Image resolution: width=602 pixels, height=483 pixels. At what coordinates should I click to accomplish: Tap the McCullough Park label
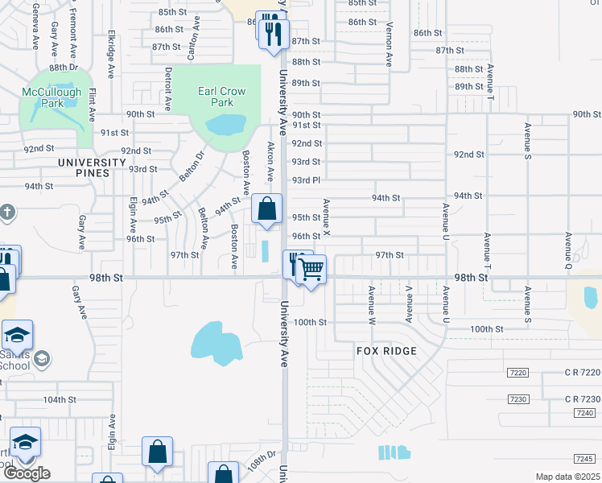pyautogui.click(x=53, y=97)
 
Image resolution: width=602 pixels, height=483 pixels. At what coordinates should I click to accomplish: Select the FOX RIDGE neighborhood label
pyautogui.click(x=386, y=351)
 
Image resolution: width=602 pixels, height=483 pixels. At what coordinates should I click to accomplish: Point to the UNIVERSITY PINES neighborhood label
pyautogui.click(x=93, y=163)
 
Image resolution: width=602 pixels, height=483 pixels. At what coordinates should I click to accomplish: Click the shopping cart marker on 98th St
pyautogui.click(x=311, y=270)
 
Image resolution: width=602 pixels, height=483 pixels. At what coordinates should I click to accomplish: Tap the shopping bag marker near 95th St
pyautogui.click(x=266, y=208)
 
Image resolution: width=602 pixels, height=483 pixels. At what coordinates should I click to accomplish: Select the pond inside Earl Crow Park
pyautogui.click(x=225, y=125)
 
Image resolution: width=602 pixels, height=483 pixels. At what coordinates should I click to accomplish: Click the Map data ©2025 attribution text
pyautogui.click(x=567, y=477)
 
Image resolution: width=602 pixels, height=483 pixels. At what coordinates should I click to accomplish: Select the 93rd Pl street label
pyautogui.click(x=306, y=180)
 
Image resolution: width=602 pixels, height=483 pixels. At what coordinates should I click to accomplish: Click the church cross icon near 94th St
pyautogui.click(x=6, y=213)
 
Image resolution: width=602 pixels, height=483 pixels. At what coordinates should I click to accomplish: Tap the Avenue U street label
pyautogui.click(x=443, y=219)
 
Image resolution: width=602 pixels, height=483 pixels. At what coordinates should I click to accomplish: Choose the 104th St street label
pyautogui.click(x=60, y=399)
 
